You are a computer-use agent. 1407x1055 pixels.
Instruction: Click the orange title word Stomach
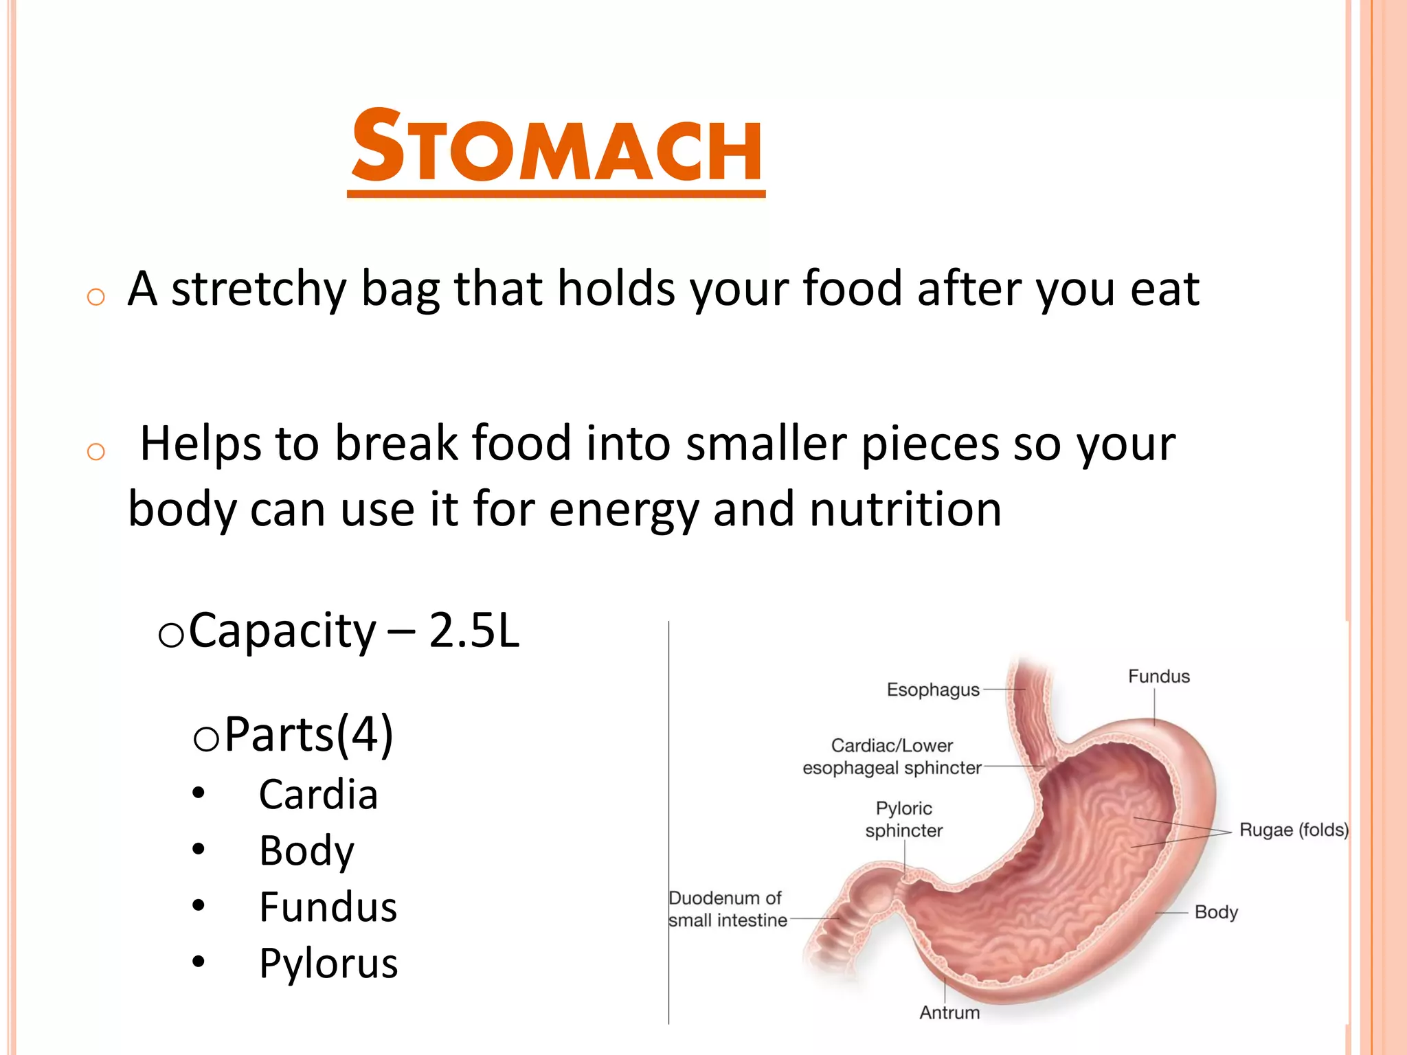click(x=556, y=148)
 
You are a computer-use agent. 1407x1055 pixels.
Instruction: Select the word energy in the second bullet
click(x=623, y=510)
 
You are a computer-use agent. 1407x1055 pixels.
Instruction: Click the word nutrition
click(x=905, y=510)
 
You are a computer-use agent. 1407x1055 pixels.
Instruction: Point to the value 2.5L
click(x=474, y=631)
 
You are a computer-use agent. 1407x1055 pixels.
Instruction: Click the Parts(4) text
click(x=308, y=734)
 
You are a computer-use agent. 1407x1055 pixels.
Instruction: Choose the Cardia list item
click(x=318, y=795)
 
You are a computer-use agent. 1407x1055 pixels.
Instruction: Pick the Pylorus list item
click(x=328, y=963)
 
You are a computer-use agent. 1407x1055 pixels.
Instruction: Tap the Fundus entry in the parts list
click(x=328, y=907)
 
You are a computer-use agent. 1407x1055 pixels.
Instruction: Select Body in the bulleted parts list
click(x=306, y=851)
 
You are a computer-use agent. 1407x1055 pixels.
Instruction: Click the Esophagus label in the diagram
click(x=932, y=690)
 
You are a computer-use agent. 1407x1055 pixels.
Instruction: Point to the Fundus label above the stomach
click(x=1158, y=677)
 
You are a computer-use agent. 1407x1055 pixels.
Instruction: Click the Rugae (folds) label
click(x=1293, y=830)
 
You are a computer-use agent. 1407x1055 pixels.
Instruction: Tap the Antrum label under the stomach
click(x=949, y=1012)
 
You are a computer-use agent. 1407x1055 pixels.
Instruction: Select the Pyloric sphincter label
click(x=903, y=819)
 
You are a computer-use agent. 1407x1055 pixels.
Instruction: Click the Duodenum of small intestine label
click(x=727, y=909)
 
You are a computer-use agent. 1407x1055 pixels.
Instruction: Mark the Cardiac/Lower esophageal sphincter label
click(x=891, y=757)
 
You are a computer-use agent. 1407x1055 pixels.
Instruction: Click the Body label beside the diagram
click(x=1215, y=912)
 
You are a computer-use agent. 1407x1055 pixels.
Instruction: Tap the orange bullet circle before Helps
click(x=96, y=452)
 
